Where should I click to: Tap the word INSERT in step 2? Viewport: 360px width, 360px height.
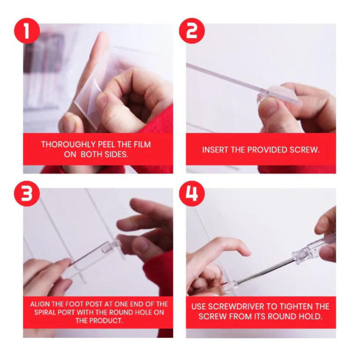[x=217, y=150]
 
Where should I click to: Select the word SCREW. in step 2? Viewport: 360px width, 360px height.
[x=305, y=150]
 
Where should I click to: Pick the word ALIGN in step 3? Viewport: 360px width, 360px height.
[x=41, y=304]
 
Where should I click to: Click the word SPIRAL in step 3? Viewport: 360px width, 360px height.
[x=43, y=312]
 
